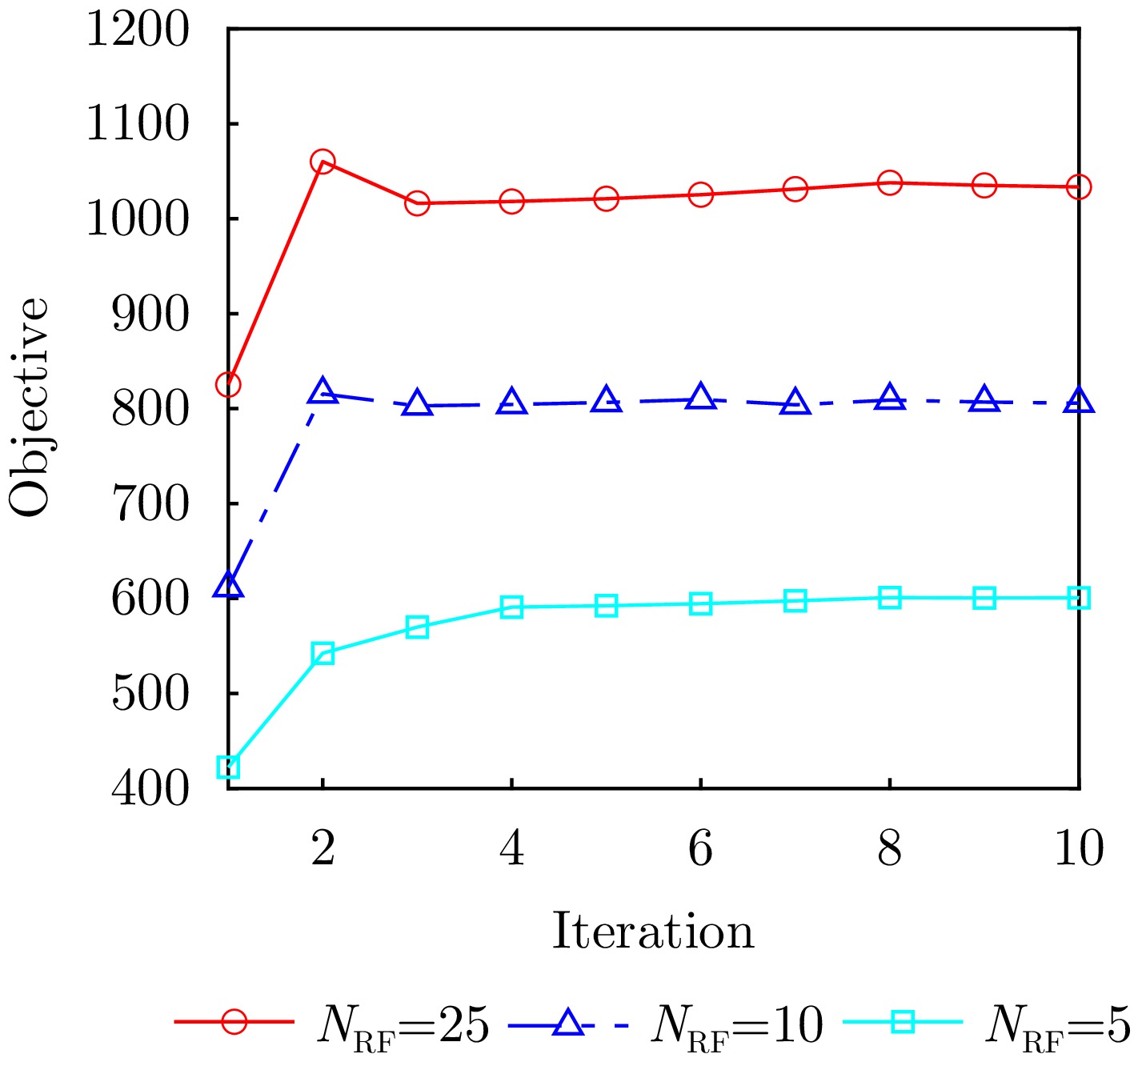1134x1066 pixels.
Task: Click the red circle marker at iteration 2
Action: (323, 162)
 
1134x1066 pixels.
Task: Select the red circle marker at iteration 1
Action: (228, 385)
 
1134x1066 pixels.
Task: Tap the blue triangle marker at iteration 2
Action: (323, 392)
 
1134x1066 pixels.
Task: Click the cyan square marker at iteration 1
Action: (228, 767)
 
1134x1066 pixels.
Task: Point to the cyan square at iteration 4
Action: (511, 607)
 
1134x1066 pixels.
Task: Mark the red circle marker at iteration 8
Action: (889, 182)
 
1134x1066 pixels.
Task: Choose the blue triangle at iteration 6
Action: (700, 397)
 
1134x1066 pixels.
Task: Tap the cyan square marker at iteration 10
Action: (1079, 598)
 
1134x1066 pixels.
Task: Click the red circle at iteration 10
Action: (1079, 187)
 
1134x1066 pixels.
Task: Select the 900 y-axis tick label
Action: (150, 315)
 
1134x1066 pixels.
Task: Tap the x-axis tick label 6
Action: (700, 848)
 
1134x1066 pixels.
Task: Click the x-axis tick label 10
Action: (1079, 848)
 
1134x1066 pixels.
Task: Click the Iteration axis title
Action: (653, 932)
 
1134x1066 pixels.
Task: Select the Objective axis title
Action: (30, 408)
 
